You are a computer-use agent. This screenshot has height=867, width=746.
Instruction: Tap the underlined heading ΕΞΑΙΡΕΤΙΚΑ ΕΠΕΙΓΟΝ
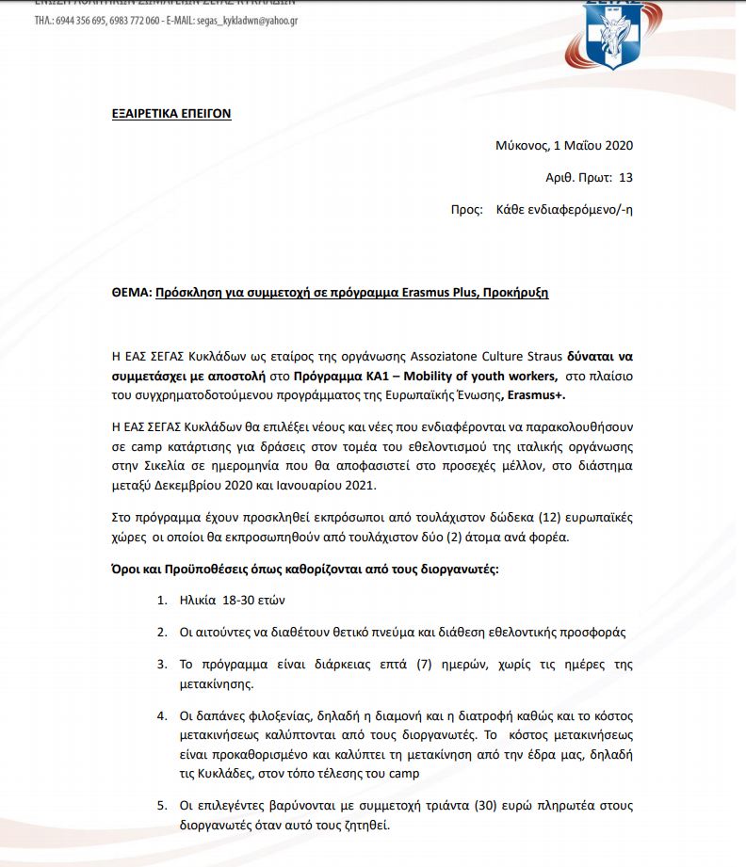171,114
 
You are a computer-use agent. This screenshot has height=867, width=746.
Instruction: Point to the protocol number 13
626,177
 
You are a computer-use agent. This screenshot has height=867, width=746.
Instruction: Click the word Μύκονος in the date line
521,145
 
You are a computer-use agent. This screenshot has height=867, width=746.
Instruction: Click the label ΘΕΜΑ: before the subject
131,293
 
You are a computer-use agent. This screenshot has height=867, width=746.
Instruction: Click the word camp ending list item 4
406,773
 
